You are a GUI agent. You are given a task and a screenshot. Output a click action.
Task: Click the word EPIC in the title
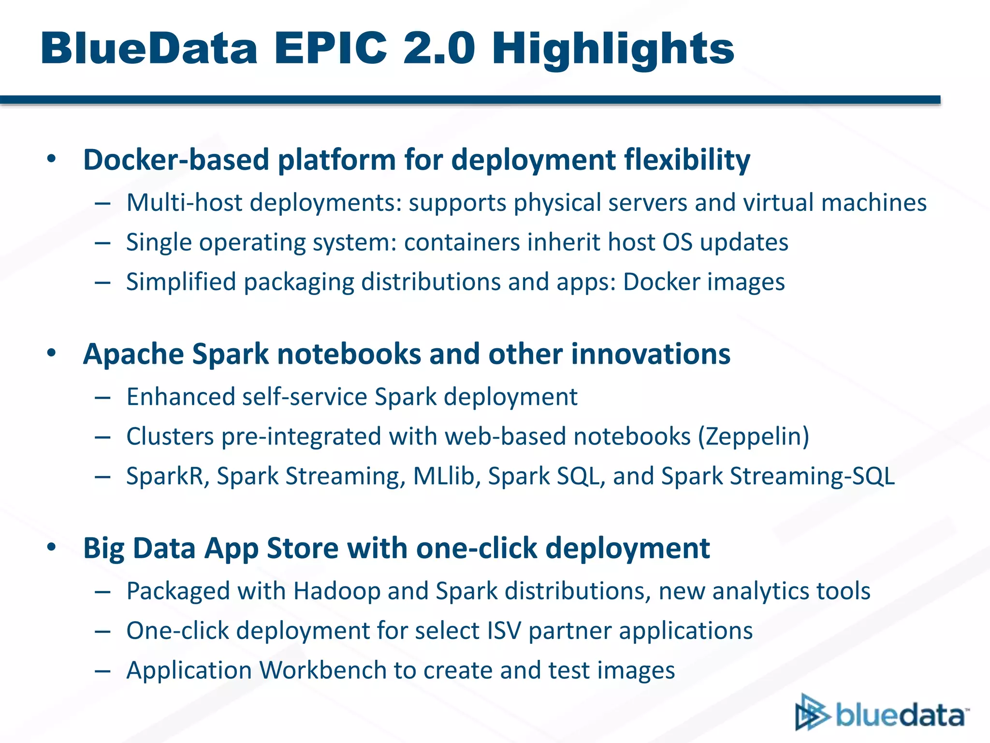click(x=331, y=48)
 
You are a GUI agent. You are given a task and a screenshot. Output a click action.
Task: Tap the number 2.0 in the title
click(x=439, y=48)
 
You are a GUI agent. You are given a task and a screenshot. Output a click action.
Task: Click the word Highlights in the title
click(x=613, y=48)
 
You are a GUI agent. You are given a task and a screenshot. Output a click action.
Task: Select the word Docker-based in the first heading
click(x=176, y=160)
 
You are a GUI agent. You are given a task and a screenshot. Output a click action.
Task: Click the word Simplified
click(x=181, y=282)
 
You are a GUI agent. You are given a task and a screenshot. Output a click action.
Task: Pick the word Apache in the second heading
click(x=133, y=354)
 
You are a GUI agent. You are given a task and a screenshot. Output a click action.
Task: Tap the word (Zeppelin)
click(x=753, y=436)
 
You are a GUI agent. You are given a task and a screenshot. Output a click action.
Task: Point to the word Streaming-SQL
click(x=812, y=476)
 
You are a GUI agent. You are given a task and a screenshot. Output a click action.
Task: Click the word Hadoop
click(x=337, y=591)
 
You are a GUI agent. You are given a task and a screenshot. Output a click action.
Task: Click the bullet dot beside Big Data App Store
click(x=52, y=548)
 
